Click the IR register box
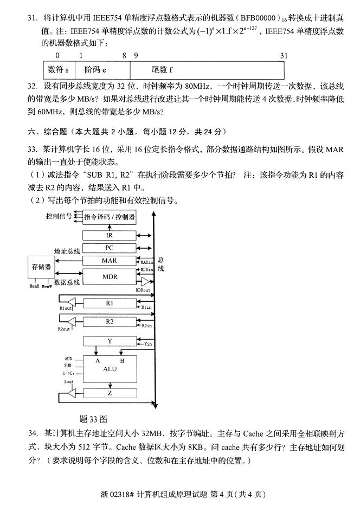pyautogui.click(x=109, y=235)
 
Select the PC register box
pyautogui.click(x=109, y=248)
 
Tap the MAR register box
pyautogui.click(x=109, y=261)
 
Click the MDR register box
pyautogui.click(x=109, y=276)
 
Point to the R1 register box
pyautogui.click(x=109, y=304)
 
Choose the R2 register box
pyautogui.click(x=109, y=322)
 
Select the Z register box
pyautogui.click(x=109, y=393)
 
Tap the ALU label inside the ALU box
pyautogui.click(x=110, y=368)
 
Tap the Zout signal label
pyautogui.click(x=68, y=381)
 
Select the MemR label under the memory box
pyautogui.click(x=34, y=286)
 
